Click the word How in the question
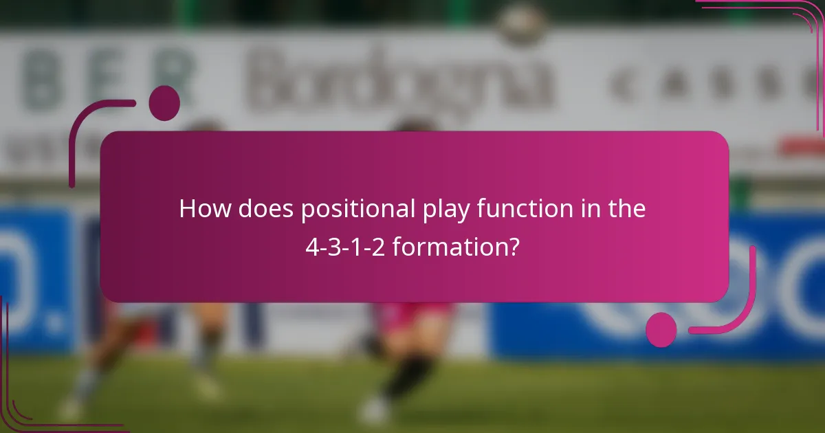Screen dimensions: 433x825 tap(205, 209)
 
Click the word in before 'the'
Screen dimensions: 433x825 tap(584, 209)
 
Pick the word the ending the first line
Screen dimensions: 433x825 tap(624, 209)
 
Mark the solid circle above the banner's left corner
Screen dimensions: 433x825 tap(164, 103)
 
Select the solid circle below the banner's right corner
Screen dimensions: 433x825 tap(661, 330)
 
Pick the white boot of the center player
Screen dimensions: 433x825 tap(375, 411)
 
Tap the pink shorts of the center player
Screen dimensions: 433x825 tap(412, 318)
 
